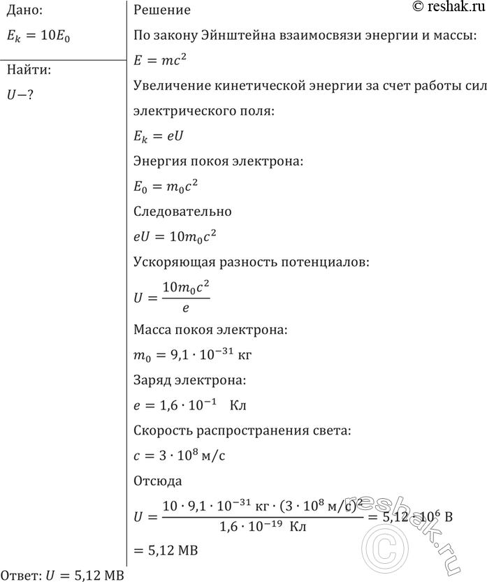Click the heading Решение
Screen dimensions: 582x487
(161, 11)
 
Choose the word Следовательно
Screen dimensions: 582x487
(182, 211)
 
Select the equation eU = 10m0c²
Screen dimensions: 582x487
(174, 237)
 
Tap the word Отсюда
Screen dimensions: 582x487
(157, 481)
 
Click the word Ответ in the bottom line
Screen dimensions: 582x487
(21, 575)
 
